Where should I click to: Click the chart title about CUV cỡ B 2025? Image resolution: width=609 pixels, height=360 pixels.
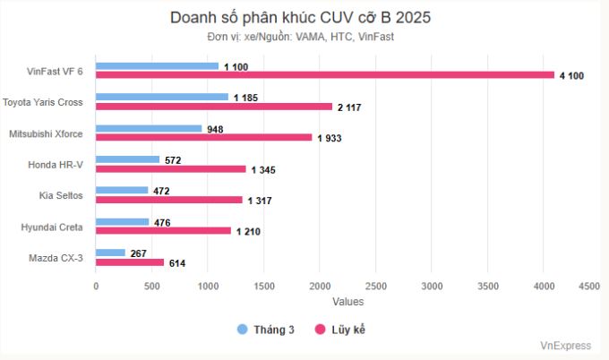304,18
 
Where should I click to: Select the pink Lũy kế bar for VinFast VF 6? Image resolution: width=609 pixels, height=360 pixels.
325,75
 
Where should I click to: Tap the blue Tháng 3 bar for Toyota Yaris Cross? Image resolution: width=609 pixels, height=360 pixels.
162,97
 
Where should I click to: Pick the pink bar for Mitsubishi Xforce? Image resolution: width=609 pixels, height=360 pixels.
204,137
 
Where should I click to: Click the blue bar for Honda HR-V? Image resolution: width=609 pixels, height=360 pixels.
128,159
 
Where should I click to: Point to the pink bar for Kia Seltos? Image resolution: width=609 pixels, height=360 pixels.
169,200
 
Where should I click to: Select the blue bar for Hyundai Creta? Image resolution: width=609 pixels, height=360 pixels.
123,221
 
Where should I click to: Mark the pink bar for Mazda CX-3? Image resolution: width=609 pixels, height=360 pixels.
130,261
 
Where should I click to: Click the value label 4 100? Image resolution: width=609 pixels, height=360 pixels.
571,76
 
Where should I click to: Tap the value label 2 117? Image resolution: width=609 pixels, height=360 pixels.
349,107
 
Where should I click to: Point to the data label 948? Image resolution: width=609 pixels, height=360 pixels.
215,128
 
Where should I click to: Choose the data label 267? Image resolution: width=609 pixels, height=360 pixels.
139,253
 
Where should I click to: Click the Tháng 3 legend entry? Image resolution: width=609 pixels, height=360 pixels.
266,330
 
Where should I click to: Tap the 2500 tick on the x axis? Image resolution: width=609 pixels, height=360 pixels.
376,287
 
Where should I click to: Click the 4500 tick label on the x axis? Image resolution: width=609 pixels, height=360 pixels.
588,287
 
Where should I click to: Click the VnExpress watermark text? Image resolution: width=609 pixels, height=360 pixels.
566,345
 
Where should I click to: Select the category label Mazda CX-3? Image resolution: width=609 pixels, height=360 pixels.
56,258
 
